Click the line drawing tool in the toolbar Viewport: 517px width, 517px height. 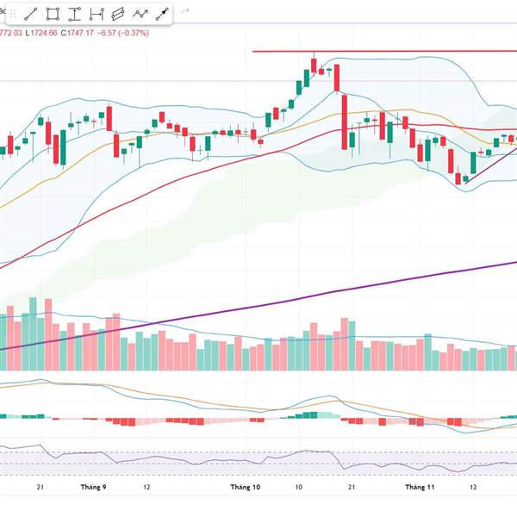(x=31, y=14)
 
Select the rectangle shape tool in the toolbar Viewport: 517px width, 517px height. (x=53, y=14)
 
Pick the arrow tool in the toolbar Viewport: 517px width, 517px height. (x=160, y=14)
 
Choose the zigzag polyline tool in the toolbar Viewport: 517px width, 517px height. (x=139, y=14)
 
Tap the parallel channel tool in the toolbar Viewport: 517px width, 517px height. (x=117, y=14)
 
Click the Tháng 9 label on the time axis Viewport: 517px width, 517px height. (x=92, y=487)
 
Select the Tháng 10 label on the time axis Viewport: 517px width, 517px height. (x=245, y=487)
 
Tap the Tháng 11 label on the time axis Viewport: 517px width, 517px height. (x=420, y=487)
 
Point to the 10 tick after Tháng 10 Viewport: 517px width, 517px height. (x=298, y=487)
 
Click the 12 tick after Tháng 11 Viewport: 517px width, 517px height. (x=473, y=487)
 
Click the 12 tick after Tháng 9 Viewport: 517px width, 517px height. (x=148, y=487)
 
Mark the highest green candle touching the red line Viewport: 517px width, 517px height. (x=314, y=65)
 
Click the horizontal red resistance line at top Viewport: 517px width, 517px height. (x=388, y=51)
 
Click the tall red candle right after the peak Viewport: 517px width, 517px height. (x=343, y=121)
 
